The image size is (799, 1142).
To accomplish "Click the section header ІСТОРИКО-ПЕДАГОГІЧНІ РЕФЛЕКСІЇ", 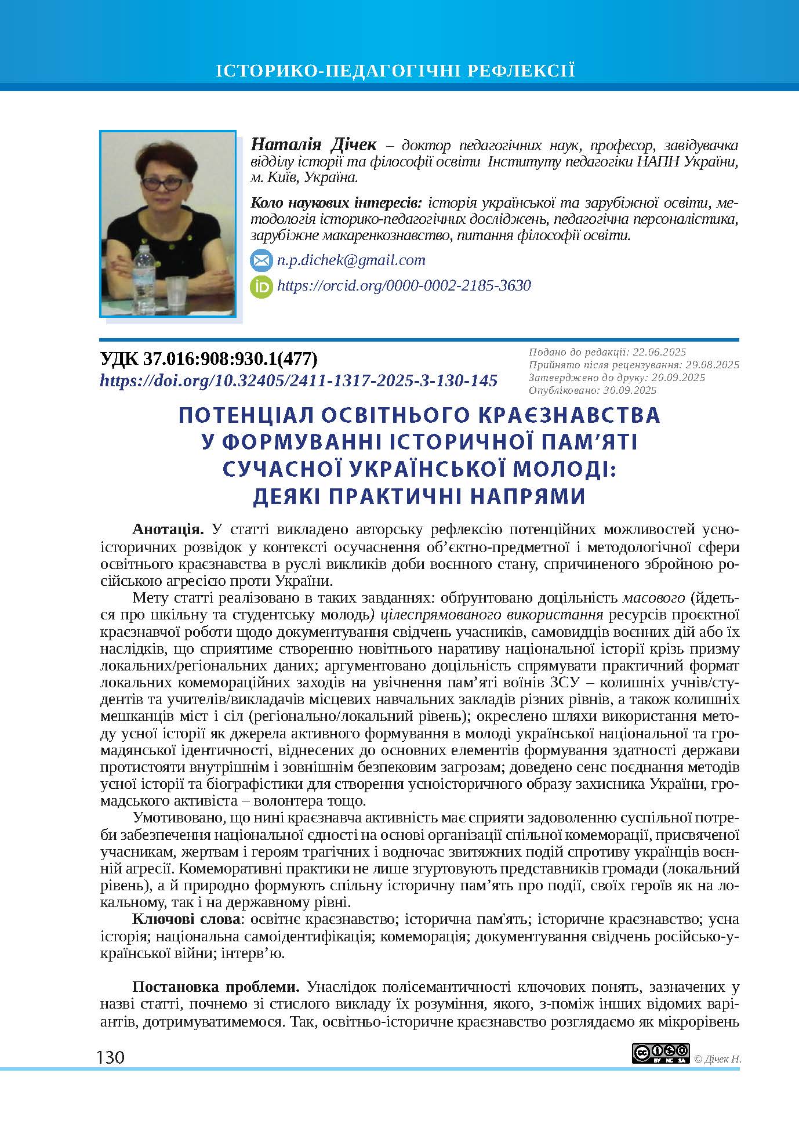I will click(x=395, y=72).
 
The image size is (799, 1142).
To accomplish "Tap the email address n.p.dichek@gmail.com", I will click(x=351, y=260).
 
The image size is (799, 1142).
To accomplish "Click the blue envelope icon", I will click(x=261, y=261).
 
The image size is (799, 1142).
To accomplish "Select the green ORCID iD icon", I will click(x=261, y=287).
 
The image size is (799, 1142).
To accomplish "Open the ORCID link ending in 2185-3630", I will click(x=404, y=285).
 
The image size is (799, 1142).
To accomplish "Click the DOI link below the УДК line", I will click(x=299, y=380).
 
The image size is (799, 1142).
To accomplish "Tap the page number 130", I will click(x=110, y=1057).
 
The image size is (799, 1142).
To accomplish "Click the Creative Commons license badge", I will click(x=660, y=1053).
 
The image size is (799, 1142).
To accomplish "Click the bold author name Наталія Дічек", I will click(x=314, y=145).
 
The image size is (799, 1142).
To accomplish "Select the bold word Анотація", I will click(x=168, y=529).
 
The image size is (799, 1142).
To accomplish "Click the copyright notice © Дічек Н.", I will click(x=717, y=1058).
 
